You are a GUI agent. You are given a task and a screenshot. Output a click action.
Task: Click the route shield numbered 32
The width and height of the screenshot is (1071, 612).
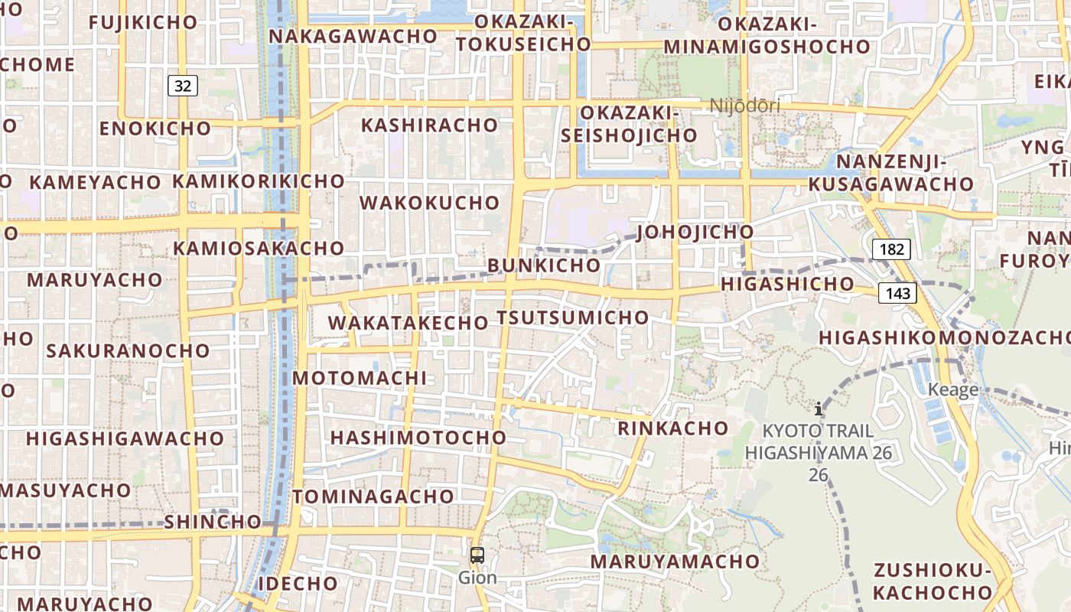pyautogui.click(x=183, y=86)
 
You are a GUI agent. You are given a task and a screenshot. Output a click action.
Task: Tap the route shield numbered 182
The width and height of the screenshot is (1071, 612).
pyautogui.click(x=891, y=249)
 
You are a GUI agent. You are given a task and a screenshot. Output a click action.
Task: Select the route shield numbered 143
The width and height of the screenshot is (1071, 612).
pyautogui.click(x=897, y=293)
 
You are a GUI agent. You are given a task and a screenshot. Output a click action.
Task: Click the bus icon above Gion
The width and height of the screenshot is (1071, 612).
pyautogui.click(x=477, y=556)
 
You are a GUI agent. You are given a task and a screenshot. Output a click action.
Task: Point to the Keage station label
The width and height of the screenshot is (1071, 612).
pyautogui.click(x=952, y=389)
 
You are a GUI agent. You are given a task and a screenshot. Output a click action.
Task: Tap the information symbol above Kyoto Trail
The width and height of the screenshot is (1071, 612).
pyautogui.click(x=819, y=409)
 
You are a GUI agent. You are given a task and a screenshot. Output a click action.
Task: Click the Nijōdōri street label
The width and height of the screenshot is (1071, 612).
pyautogui.click(x=744, y=106)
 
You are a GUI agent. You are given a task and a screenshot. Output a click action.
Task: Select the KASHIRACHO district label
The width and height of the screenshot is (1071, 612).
pyautogui.click(x=429, y=125)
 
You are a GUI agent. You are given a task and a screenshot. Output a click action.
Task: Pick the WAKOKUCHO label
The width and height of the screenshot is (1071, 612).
pyautogui.click(x=429, y=203)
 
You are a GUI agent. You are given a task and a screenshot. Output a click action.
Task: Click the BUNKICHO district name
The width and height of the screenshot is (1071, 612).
pyautogui.click(x=544, y=265)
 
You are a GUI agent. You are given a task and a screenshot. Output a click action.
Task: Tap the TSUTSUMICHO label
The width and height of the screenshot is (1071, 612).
pyautogui.click(x=572, y=317)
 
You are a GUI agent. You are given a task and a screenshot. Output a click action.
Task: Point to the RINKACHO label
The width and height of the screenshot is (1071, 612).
pyautogui.click(x=673, y=428)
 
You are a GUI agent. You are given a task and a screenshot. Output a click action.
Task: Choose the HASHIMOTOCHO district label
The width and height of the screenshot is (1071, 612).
pyautogui.click(x=418, y=438)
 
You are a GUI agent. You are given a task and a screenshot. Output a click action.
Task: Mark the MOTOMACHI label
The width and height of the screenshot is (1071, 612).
pyautogui.click(x=360, y=378)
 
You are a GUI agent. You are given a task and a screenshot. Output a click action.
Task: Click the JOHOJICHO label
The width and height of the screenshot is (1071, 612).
pyautogui.click(x=695, y=231)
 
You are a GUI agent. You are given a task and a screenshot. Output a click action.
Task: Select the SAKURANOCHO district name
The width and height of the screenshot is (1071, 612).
pyautogui.click(x=128, y=350)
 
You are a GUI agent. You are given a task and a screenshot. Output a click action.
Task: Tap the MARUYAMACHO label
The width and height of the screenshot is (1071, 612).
pyautogui.click(x=675, y=562)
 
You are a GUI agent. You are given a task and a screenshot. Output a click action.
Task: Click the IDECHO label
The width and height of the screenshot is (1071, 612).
pyautogui.click(x=298, y=583)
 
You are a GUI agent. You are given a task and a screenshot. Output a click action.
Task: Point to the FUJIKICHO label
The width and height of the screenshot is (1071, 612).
pyautogui.click(x=143, y=22)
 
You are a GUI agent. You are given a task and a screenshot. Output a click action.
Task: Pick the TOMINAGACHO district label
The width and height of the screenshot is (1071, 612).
pyautogui.click(x=373, y=496)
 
